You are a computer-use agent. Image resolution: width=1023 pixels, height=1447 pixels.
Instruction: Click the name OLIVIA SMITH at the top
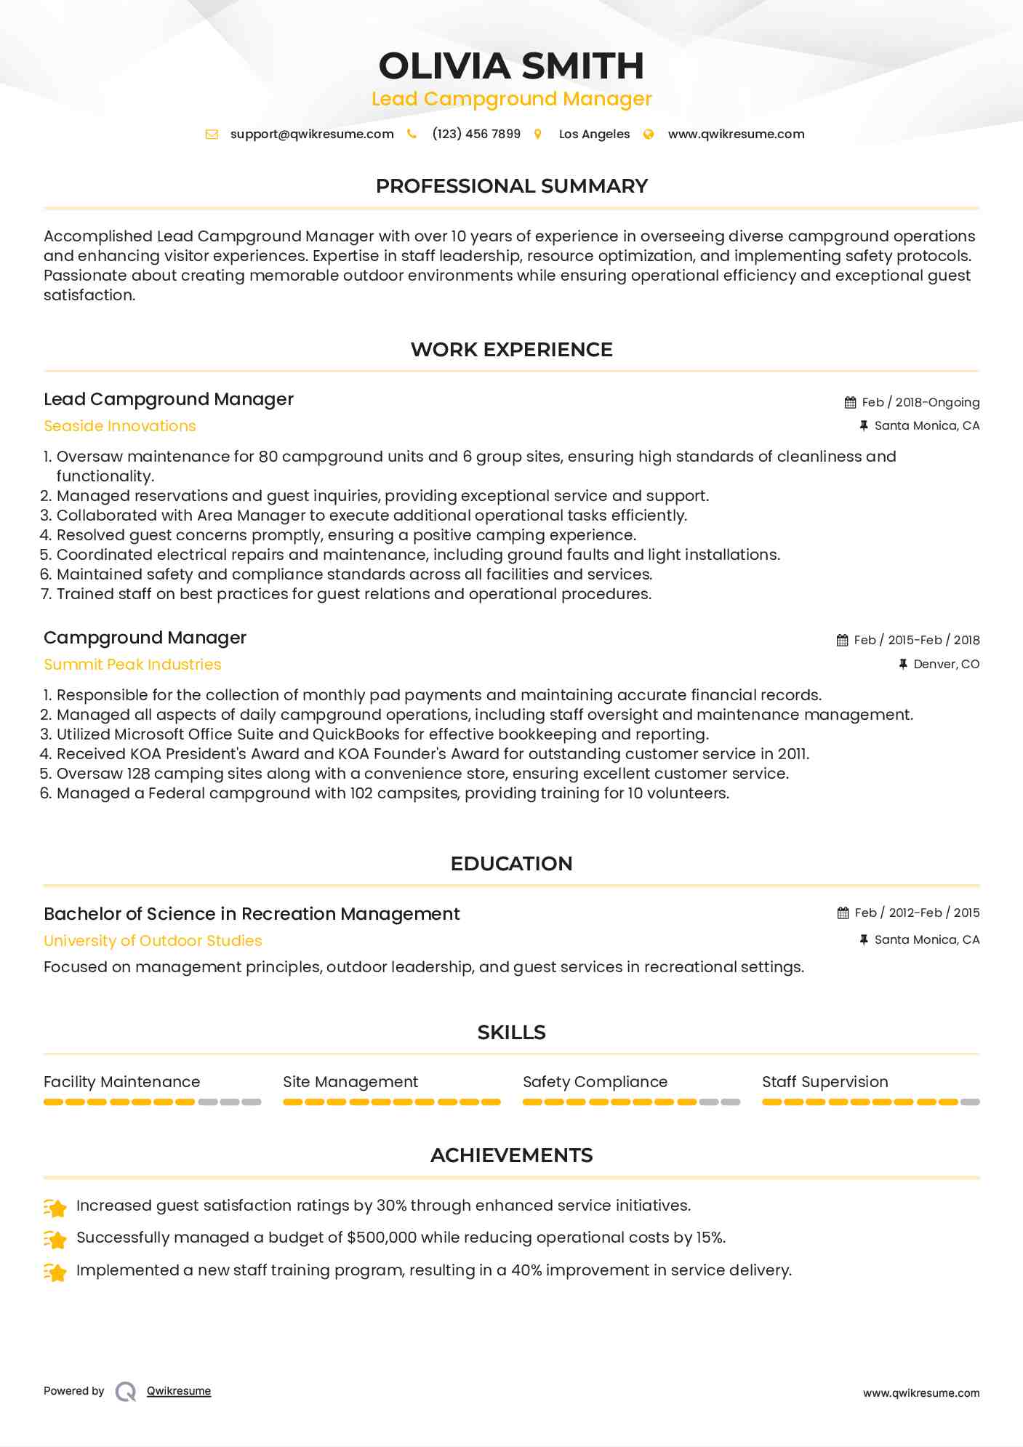coord(511,66)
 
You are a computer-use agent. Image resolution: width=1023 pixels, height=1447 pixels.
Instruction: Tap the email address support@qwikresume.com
coord(312,134)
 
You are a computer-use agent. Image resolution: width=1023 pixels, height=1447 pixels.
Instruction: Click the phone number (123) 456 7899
coord(476,134)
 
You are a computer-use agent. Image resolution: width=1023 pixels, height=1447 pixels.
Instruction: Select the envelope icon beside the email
coord(212,134)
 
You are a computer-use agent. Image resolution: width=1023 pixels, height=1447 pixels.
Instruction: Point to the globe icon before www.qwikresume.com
coord(649,134)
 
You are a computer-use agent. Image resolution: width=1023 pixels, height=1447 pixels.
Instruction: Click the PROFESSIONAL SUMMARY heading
coord(511,186)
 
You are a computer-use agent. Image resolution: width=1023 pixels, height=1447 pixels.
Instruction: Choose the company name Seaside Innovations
coord(120,426)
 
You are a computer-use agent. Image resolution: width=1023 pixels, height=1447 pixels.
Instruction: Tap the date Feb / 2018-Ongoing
coord(920,402)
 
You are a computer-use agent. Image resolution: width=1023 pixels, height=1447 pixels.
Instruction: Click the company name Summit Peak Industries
coord(132,665)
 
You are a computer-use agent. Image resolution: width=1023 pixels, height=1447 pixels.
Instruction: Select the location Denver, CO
coord(946,664)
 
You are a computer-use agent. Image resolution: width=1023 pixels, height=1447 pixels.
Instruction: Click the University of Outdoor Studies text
coord(153,941)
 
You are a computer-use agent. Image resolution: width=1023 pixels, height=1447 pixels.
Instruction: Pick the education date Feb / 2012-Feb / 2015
coord(917,913)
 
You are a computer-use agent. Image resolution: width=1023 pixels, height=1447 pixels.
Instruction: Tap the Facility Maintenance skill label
coord(121,1082)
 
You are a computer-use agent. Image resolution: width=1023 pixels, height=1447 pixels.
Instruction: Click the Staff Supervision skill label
coord(825,1082)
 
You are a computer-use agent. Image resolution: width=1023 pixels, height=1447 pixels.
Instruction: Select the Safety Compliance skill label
coord(595,1082)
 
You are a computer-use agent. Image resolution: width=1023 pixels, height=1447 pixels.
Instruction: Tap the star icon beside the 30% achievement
coord(55,1208)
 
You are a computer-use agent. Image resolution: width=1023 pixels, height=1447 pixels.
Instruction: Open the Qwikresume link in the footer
coord(179,1391)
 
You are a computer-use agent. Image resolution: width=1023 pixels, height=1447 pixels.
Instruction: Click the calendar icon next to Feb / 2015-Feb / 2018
coord(843,640)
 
